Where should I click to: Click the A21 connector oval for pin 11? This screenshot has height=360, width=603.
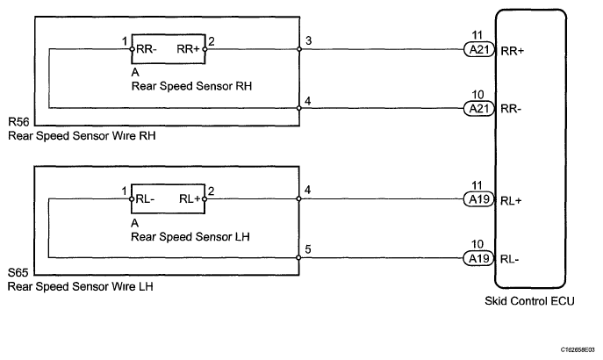[478, 50]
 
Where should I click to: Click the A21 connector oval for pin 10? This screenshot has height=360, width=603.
[478, 109]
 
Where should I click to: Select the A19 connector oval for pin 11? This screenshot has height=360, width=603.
[478, 199]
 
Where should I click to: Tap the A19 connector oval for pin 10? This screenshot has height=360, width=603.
[478, 258]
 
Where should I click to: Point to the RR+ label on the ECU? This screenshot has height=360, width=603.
[513, 51]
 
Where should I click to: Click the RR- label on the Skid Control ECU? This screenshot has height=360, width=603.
[511, 109]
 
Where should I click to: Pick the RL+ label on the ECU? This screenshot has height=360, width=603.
[511, 201]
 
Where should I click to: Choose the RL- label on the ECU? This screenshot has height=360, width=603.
[510, 260]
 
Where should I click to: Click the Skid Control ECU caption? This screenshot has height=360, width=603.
[529, 301]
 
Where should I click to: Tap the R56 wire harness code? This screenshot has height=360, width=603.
[18, 122]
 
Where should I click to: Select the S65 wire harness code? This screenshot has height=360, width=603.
[18, 273]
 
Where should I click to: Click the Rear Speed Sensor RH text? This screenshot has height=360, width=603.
[191, 86]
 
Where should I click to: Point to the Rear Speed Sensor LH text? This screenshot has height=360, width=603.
[190, 236]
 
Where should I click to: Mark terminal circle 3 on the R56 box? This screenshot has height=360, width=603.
[299, 49]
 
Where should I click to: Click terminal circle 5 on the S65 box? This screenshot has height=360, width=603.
[298, 257]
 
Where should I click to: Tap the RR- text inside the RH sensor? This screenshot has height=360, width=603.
[147, 49]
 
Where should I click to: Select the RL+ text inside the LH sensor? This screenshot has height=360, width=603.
[190, 198]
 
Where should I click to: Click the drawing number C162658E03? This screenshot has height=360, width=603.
[578, 349]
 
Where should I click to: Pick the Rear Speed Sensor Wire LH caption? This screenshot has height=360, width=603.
[81, 286]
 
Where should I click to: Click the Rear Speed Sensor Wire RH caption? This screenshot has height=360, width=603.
[82, 136]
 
